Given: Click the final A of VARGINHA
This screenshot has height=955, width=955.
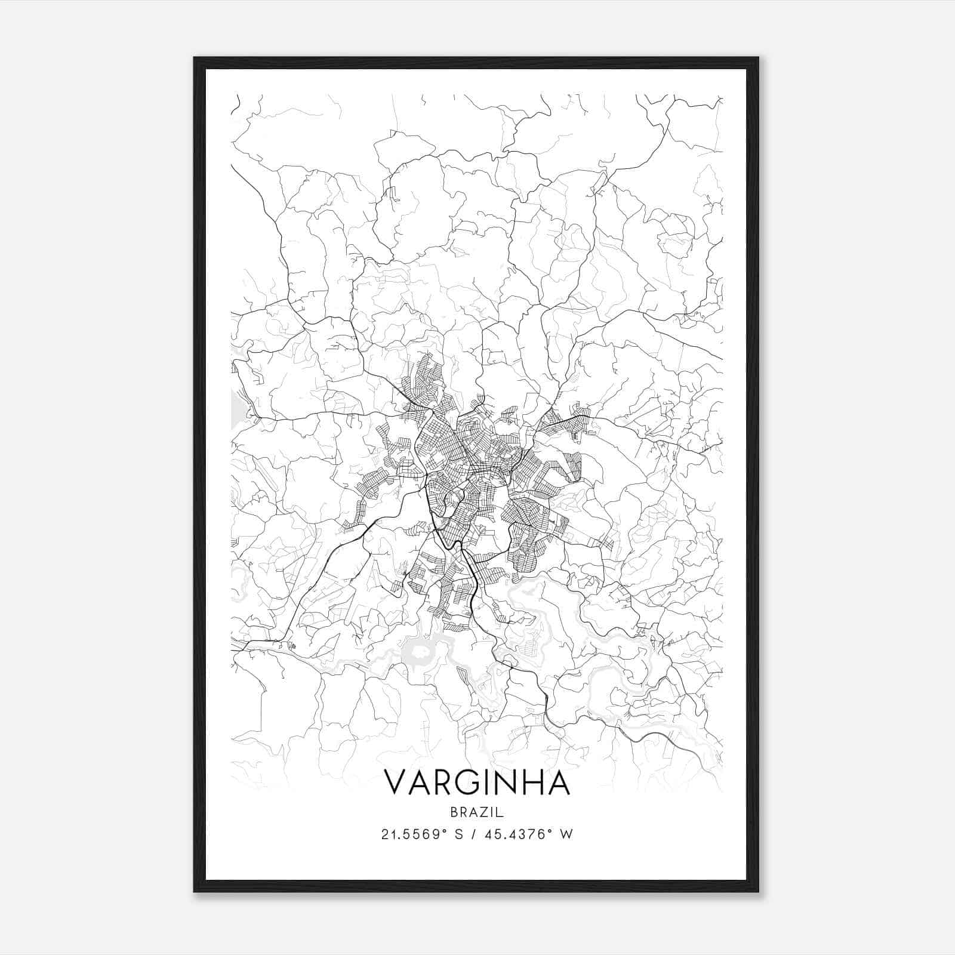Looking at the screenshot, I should (559, 783).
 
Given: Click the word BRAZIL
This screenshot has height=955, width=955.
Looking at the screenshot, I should (478, 812).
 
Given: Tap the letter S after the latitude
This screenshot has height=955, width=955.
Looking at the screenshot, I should (460, 834).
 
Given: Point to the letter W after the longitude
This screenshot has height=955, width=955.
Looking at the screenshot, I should (567, 834).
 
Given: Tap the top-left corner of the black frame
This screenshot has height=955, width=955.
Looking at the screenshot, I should (195, 58).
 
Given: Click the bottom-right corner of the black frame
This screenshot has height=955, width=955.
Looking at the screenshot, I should (757, 891).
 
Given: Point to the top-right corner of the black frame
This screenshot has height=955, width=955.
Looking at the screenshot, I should (757, 58).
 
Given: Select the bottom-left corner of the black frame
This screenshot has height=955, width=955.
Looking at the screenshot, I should (195, 891).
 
